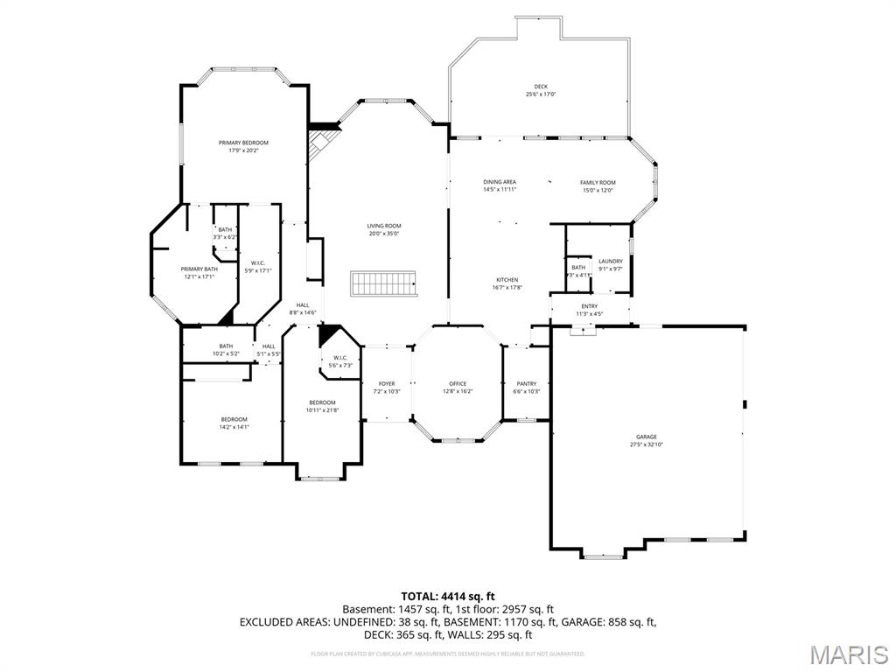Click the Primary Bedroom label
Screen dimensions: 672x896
pos(243,143)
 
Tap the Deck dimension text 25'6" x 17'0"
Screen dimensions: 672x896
pos(541,94)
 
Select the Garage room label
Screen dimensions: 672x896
pos(647,437)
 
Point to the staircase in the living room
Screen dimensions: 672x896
pos(382,283)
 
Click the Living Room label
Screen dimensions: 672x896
pos(384,226)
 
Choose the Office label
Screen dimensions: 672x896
pos(458,384)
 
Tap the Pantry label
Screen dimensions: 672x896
pos(527,384)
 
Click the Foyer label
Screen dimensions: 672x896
pos(387,384)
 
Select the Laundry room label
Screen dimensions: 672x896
pos(611,261)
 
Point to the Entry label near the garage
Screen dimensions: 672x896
pos(590,306)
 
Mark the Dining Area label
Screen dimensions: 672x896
pos(500,182)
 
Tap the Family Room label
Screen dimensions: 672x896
pos(598,182)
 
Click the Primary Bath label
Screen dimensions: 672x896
pos(199,269)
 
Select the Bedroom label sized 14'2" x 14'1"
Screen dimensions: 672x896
pos(234,419)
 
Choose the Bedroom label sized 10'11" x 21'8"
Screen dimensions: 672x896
pos(322,402)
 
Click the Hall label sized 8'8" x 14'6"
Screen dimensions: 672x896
pos(303,305)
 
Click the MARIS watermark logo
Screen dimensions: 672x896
pos(848,654)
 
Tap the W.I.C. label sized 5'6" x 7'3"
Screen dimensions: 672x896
pos(340,357)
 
